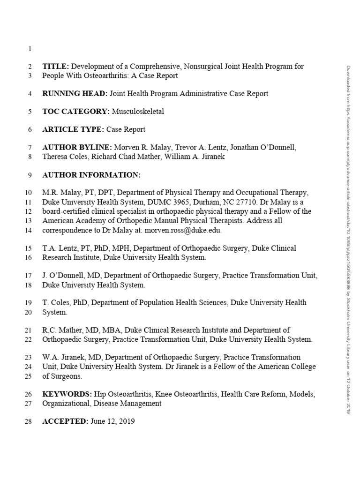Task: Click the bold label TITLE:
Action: pos(55,66)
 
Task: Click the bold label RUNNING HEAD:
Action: pos(75,93)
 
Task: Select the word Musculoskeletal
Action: pos(138,112)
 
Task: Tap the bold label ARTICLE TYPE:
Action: pos(73,129)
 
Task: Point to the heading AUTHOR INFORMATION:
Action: pos(91,175)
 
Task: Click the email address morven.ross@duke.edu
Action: pos(183,230)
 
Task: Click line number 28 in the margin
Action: pos(27,421)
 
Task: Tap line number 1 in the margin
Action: pos(30,48)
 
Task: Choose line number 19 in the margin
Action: pos(27,303)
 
